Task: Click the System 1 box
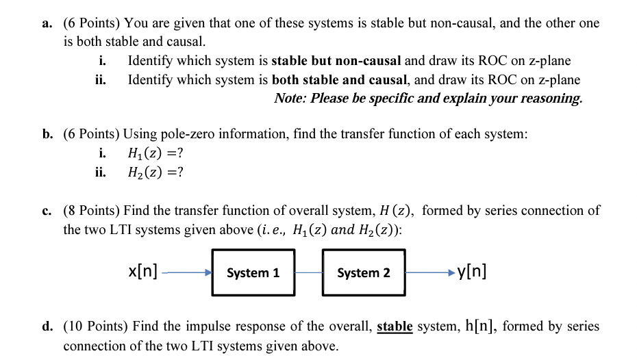(253, 272)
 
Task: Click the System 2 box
(363, 272)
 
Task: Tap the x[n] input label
(142, 271)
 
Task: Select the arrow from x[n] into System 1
(187, 273)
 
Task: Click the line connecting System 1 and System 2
(308, 273)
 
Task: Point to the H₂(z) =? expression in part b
(155, 171)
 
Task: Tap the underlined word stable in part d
(395, 326)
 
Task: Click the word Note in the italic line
(289, 98)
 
